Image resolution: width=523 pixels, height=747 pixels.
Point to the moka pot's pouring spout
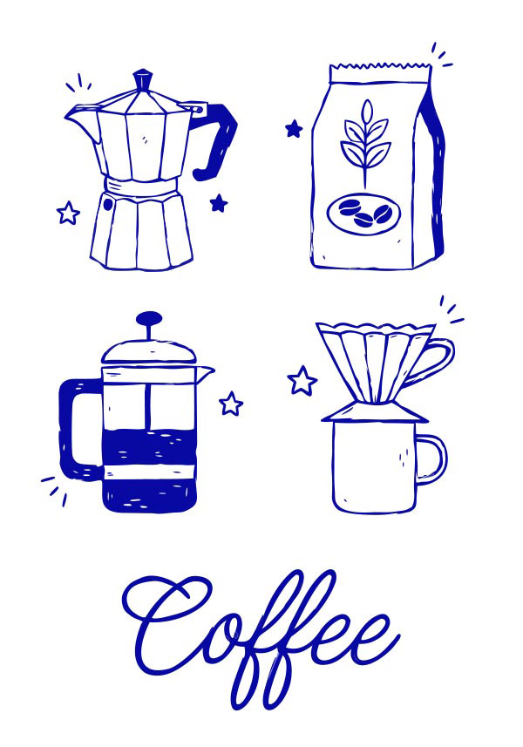82,120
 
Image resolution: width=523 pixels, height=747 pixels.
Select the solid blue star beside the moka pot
219,203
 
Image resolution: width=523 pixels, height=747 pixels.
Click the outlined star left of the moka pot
68,213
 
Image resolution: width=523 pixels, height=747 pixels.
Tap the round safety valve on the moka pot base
108,204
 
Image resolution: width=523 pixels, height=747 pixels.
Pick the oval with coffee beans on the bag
364,214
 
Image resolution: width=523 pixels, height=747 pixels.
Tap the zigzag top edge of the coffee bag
381,66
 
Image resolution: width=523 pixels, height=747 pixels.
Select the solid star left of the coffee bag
294,129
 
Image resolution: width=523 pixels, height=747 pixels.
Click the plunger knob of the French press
148,318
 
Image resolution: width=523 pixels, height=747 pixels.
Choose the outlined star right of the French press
231,404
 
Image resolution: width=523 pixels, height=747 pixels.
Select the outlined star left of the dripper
302,381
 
